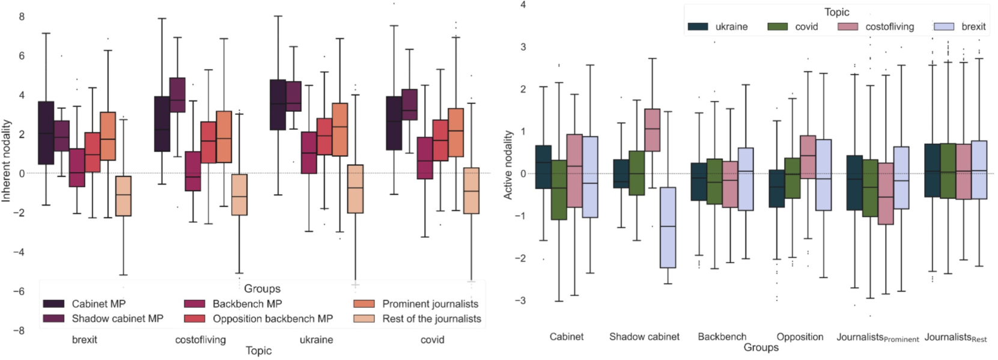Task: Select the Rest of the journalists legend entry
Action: pyautogui.click(x=431, y=319)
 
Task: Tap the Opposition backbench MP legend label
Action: pyautogui.click(x=272, y=319)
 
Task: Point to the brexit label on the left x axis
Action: pyautogui.click(x=85, y=340)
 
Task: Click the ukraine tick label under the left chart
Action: pyautogui.click(x=316, y=340)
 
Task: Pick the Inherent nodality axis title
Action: pyautogui.click(x=7, y=160)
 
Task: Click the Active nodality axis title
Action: pyautogui.click(x=508, y=165)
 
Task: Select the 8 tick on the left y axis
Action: pyautogui.click(x=22, y=16)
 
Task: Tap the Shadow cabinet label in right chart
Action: pyautogui.click(x=644, y=337)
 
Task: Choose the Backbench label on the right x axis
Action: pyautogui.click(x=722, y=337)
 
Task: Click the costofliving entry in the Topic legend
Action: pyautogui.click(x=889, y=26)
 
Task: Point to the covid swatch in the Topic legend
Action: pyautogui.click(x=777, y=26)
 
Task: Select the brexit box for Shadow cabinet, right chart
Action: pyautogui.click(x=668, y=227)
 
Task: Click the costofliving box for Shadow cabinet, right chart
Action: pyautogui.click(x=652, y=130)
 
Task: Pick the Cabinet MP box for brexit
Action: pyautogui.click(x=46, y=132)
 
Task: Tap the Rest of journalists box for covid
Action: pyautogui.click(x=472, y=191)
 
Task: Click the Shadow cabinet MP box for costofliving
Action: pyautogui.click(x=178, y=95)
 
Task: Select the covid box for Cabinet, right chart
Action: pyautogui.click(x=559, y=190)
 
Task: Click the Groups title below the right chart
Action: pyautogui.click(x=761, y=347)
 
